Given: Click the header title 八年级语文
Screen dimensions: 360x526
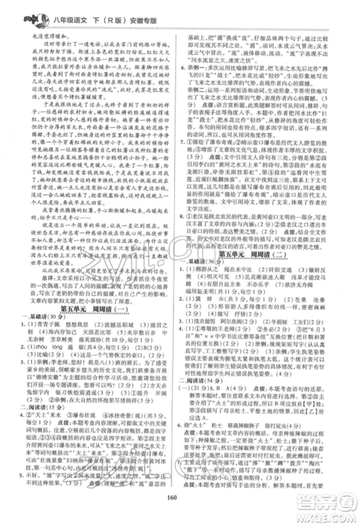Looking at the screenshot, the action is (x=70, y=19).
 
